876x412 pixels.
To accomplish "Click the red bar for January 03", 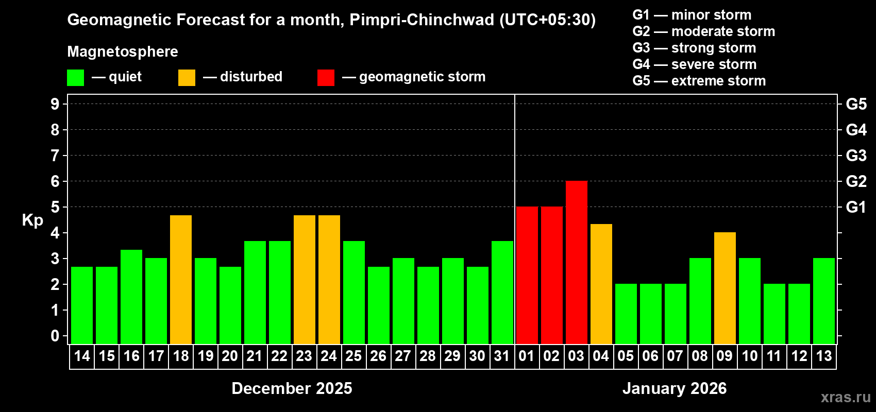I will pyautogui.click(x=576, y=262).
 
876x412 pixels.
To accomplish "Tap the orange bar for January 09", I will pyautogui.click(x=725, y=288).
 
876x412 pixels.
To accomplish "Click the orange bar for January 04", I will pyautogui.click(x=601, y=284).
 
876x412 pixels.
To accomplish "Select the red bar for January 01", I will pyautogui.click(x=527, y=275).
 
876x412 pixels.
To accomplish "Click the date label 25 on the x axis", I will pyautogui.click(x=353, y=356).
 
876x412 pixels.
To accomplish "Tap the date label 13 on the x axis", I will pyautogui.click(x=823, y=356).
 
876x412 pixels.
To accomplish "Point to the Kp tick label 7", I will pyautogui.click(x=55, y=156).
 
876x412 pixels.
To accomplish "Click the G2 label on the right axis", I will pyautogui.click(x=856, y=181).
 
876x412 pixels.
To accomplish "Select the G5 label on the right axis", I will pyautogui.click(x=856, y=104).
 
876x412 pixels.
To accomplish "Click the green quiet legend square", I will pyautogui.click(x=75, y=78).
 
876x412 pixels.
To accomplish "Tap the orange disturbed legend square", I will pyautogui.click(x=187, y=78).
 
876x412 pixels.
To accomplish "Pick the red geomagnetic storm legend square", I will pyautogui.click(x=326, y=78).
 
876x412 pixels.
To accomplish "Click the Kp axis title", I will pyautogui.click(x=32, y=220).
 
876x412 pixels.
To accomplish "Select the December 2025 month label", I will pyautogui.click(x=292, y=388).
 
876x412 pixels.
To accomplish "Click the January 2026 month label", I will pyautogui.click(x=675, y=388).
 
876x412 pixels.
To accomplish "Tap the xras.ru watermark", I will pyautogui.click(x=846, y=397).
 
